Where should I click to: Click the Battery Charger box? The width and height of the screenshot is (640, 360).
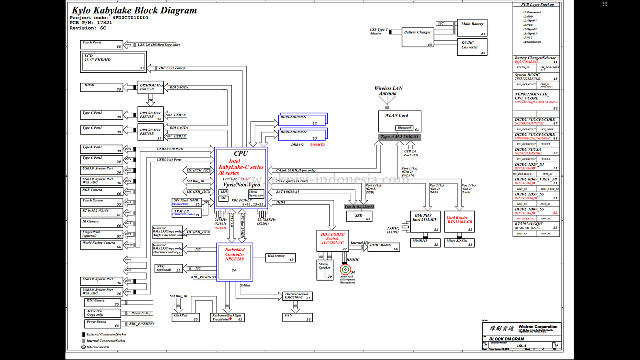418,36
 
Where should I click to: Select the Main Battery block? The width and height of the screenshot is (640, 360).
472,28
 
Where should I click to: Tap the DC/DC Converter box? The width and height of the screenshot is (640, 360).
472,47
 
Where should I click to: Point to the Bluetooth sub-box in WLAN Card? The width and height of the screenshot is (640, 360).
404,128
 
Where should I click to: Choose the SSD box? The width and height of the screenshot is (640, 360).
359,216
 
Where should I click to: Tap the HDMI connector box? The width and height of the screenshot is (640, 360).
102,87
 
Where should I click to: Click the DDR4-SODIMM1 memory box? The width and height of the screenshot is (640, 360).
303,119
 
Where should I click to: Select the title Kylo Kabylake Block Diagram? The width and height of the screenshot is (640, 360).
134,10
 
